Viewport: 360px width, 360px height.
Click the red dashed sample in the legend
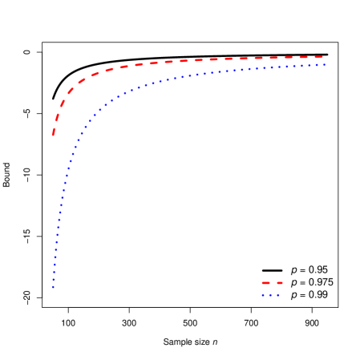point(272,283)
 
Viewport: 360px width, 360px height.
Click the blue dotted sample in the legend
point(270,295)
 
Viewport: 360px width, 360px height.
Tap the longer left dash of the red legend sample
point(265,283)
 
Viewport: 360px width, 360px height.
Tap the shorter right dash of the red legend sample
point(280,283)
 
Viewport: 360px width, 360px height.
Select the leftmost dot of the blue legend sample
point(263,295)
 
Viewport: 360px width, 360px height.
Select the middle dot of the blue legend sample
point(270,295)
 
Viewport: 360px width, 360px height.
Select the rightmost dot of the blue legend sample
point(278,295)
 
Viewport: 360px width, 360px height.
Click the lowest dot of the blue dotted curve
point(54,287)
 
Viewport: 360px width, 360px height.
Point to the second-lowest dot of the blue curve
point(54,279)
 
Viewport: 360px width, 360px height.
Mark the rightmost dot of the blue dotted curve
point(324,65)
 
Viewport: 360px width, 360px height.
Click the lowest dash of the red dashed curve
point(54,132)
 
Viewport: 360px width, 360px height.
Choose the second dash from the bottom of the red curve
point(57,117)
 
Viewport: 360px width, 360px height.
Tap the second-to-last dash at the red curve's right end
point(303,57)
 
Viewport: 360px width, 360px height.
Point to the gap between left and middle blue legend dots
point(267,295)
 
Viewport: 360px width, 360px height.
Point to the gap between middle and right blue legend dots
point(274,295)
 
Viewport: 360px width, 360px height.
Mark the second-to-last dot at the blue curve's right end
point(317,65)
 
